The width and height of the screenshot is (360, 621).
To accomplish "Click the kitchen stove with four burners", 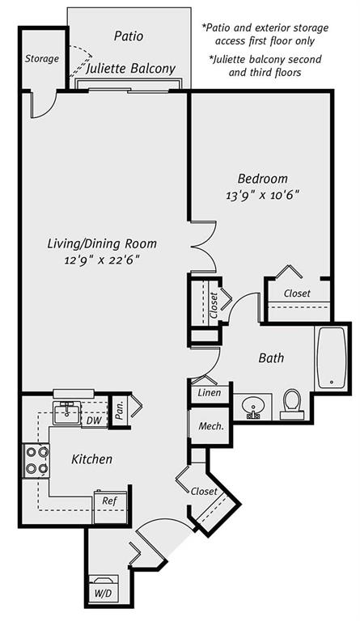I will (x=36, y=460).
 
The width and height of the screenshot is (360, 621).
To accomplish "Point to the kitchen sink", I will (x=66, y=412).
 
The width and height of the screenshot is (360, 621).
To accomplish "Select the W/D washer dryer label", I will (x=104, y=593).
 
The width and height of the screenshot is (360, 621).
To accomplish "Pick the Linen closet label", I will (x=209, y=393).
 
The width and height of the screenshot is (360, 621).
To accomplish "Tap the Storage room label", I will (x=41, y=58).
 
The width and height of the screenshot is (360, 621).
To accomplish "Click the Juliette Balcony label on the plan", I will (x=130, y=70).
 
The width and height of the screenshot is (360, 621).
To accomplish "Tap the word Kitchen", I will (x=91, y=459).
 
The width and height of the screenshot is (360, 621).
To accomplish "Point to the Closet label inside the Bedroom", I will (x=297, y=293).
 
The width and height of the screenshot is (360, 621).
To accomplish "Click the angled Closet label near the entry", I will (x=204, y=491).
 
